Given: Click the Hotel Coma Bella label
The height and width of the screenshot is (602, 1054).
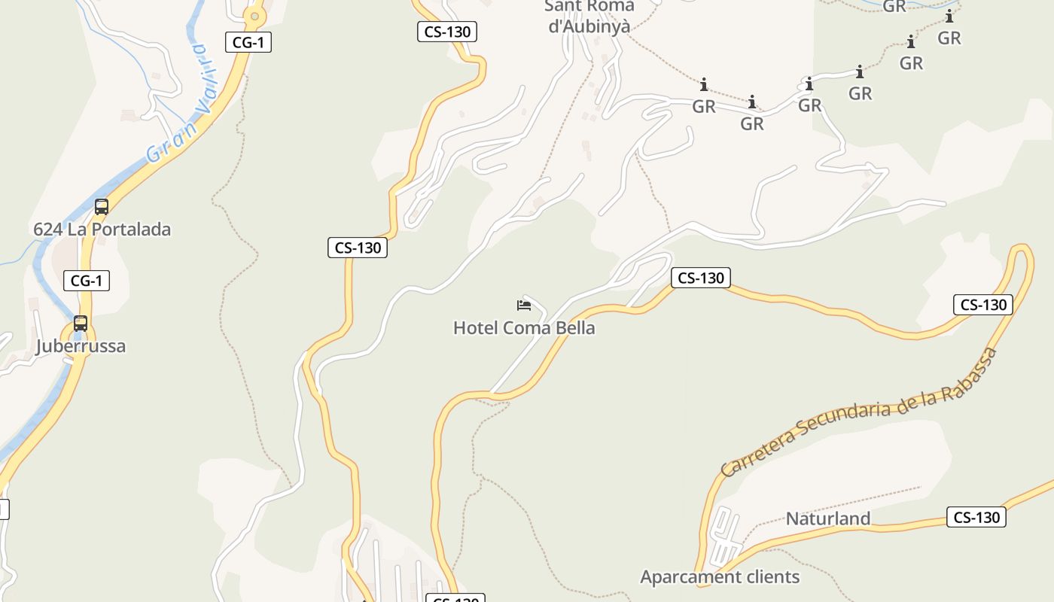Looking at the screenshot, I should click(x=524, y=328).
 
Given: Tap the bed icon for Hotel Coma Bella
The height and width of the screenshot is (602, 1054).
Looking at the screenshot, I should click(x=524, y=305).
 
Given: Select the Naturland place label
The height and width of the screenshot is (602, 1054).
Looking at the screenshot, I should click(x=828, y=518).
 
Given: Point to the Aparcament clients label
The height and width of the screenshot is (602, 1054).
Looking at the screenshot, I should click(x=720, y=577).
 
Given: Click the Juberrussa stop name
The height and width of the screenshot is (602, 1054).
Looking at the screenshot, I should click(x=81, y=346).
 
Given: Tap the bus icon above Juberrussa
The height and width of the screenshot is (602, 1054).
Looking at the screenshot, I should click(x=81, y=324).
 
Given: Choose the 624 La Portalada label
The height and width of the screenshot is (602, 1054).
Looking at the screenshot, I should click(x=102, y=230).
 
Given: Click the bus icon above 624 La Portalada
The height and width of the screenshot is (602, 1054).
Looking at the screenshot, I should click(x=102, y=206).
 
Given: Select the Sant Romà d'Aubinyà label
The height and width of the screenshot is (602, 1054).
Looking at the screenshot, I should click(x=589, y=16).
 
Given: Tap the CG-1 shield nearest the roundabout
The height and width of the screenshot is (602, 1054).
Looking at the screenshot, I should click(x=248, y=42).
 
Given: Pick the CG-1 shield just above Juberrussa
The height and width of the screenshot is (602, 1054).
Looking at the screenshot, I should click(x=87, y=281).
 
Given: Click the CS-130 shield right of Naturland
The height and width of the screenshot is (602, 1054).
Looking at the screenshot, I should click(x=976, y=517).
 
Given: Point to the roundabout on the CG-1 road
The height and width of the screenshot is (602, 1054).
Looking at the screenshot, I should click(x=255, y=15).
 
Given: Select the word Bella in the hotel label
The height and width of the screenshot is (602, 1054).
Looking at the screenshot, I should click(x=571, y=328).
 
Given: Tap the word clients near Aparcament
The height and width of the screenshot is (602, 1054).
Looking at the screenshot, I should click(x=765, y=577).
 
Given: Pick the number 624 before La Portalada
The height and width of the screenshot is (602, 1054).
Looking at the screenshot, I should click(x=47, y=230).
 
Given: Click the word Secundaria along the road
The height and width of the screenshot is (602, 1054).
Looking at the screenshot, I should click(x=848, y=418).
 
